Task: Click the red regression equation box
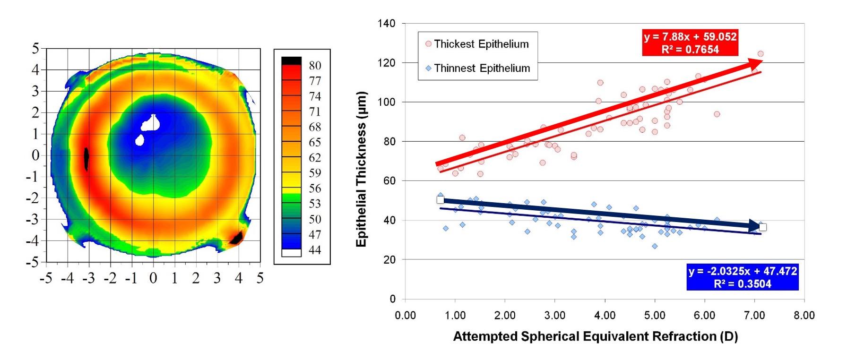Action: [x=690, y=43]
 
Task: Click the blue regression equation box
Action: [x=743, y=277]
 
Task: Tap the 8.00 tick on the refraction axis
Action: [x=804, y=315]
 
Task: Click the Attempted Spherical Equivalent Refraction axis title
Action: [x=595, y=336]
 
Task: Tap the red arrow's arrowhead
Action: [x=755, y=64]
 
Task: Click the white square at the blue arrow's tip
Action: [x=762, y=227]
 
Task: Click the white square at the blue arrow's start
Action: [x=441, y=200]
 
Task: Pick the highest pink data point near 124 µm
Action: [x=761, y=54]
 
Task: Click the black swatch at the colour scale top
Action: [x=291, y=60]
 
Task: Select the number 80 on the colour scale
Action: [x=315, y=66]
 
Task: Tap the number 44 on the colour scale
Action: [x=315, y=250]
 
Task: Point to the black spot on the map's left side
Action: [x=86, y=158]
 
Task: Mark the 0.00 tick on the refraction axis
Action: [x=405, y=315]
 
